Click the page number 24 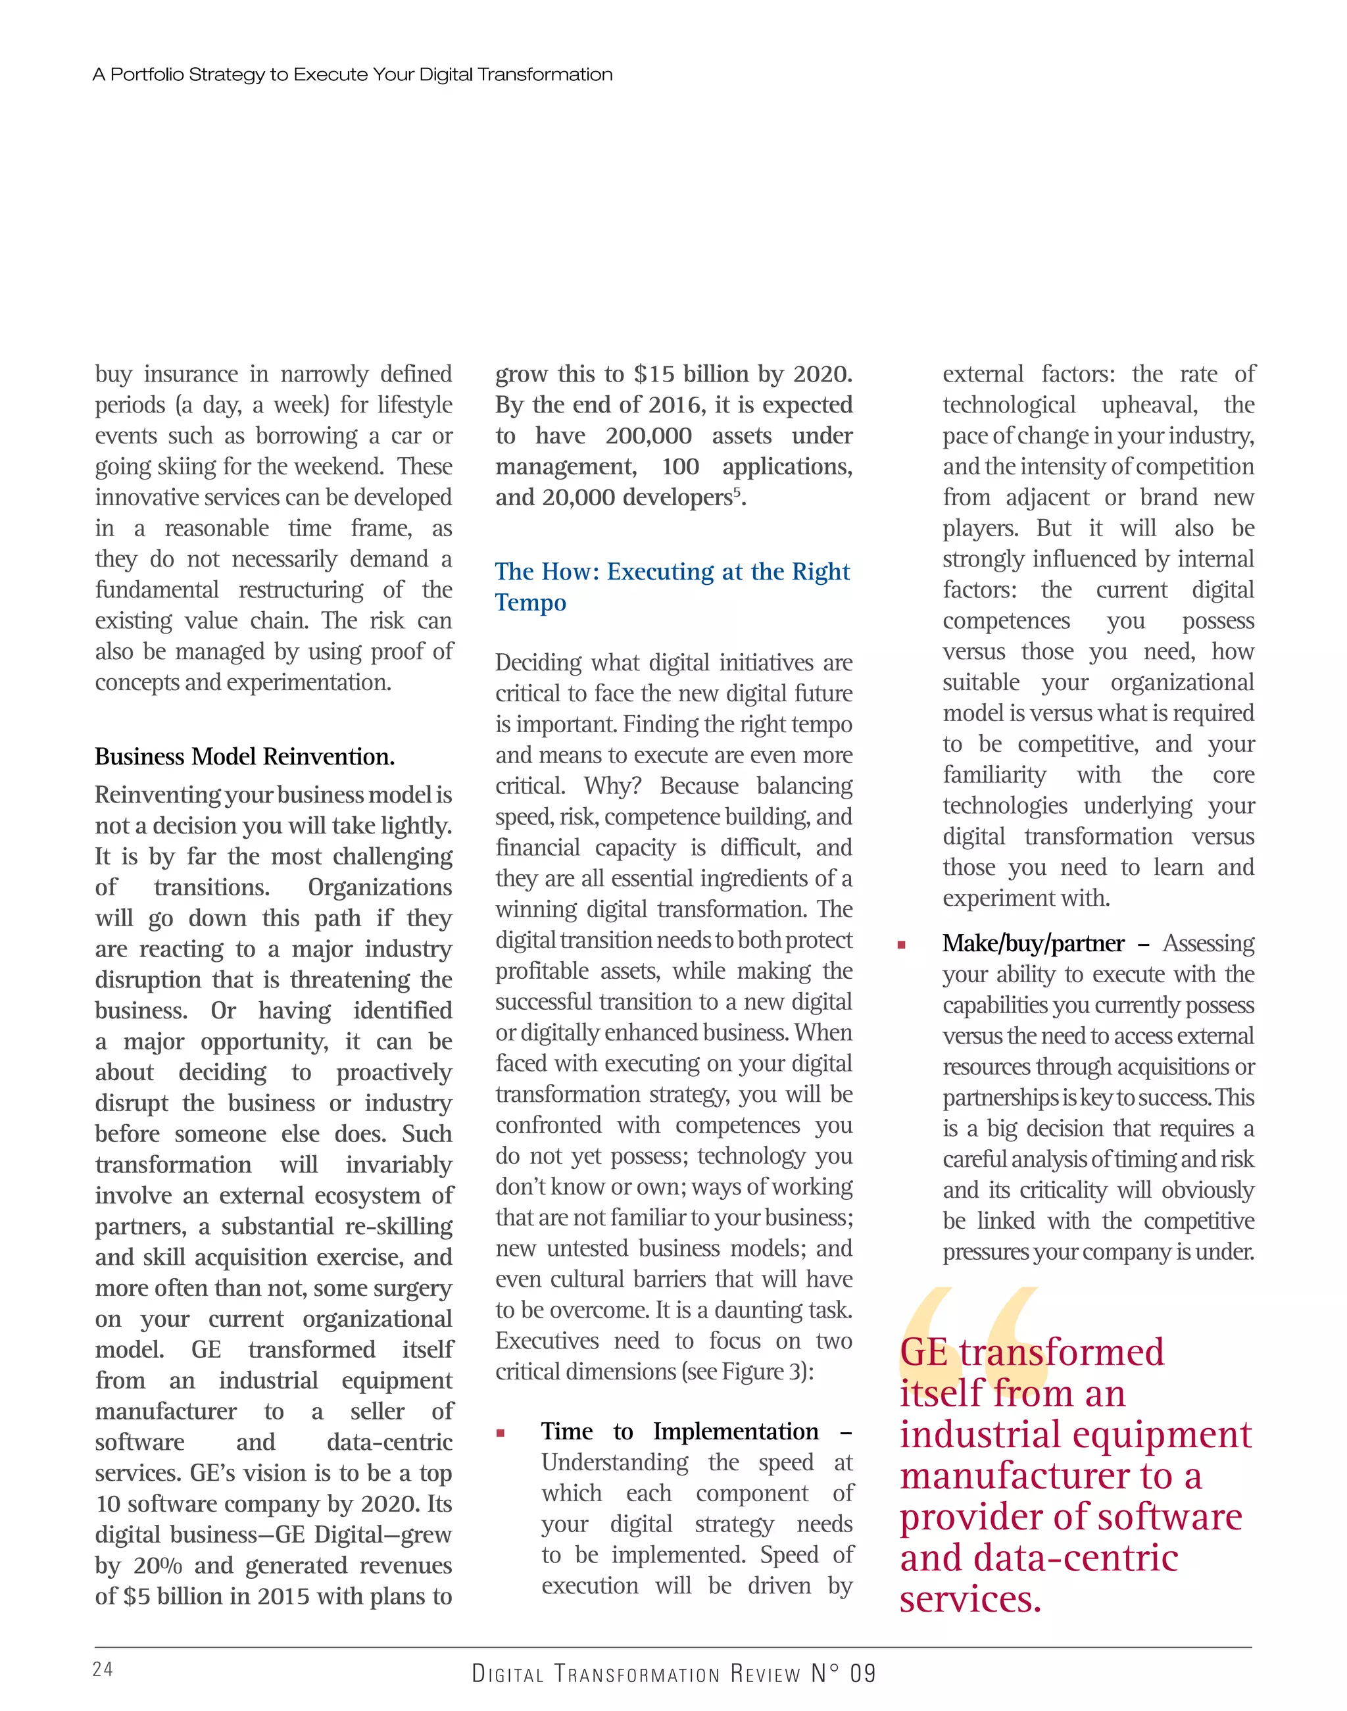click(x=103, y=1668)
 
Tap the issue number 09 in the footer click(x=863, y=1673)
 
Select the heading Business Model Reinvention click(x=245, y=756)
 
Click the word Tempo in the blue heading click(x=531, y=603)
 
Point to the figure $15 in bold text click(x=653, y=374)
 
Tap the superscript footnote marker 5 click(x=737, y=492)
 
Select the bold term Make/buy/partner click(x=1033, y=943)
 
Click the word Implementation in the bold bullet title click(x=736, y=1431)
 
